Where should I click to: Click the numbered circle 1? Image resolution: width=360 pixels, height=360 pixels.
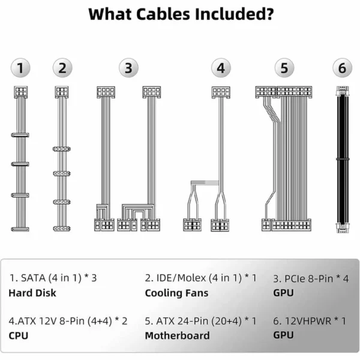tap(20, 68)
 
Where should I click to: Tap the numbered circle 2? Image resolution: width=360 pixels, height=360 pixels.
tap(62, 68)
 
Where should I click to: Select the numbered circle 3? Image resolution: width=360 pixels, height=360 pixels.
tap(128, 68)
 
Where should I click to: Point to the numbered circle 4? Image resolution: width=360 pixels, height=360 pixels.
tap(221, 68)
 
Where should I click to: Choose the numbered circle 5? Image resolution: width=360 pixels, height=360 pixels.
tap(284, 68)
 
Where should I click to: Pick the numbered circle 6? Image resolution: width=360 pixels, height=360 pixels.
tap(342, 68)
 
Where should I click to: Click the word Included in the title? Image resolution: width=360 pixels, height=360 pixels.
tap(234, 14)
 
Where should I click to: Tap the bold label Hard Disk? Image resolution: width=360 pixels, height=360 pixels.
tap(32, 293)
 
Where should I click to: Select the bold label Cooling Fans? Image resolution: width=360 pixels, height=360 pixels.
tap(176, 293)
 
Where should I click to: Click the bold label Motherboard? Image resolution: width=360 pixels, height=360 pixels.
tap(177, 335)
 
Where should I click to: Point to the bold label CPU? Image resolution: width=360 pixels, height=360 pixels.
tap(19, 335)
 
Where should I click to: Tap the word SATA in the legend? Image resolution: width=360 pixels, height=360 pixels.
tap(33, 278)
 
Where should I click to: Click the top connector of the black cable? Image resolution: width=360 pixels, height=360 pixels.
tap(343, 91)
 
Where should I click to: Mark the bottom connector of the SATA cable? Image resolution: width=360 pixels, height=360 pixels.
tap(20, 229)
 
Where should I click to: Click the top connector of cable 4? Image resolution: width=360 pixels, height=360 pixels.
tap(221, 92)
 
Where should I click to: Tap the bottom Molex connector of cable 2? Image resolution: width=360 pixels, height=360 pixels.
tap(62, 229)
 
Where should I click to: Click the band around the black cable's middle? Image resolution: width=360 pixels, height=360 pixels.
tap(343, 159)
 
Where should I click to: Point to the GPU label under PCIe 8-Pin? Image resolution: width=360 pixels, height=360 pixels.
tap(283, 293)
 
